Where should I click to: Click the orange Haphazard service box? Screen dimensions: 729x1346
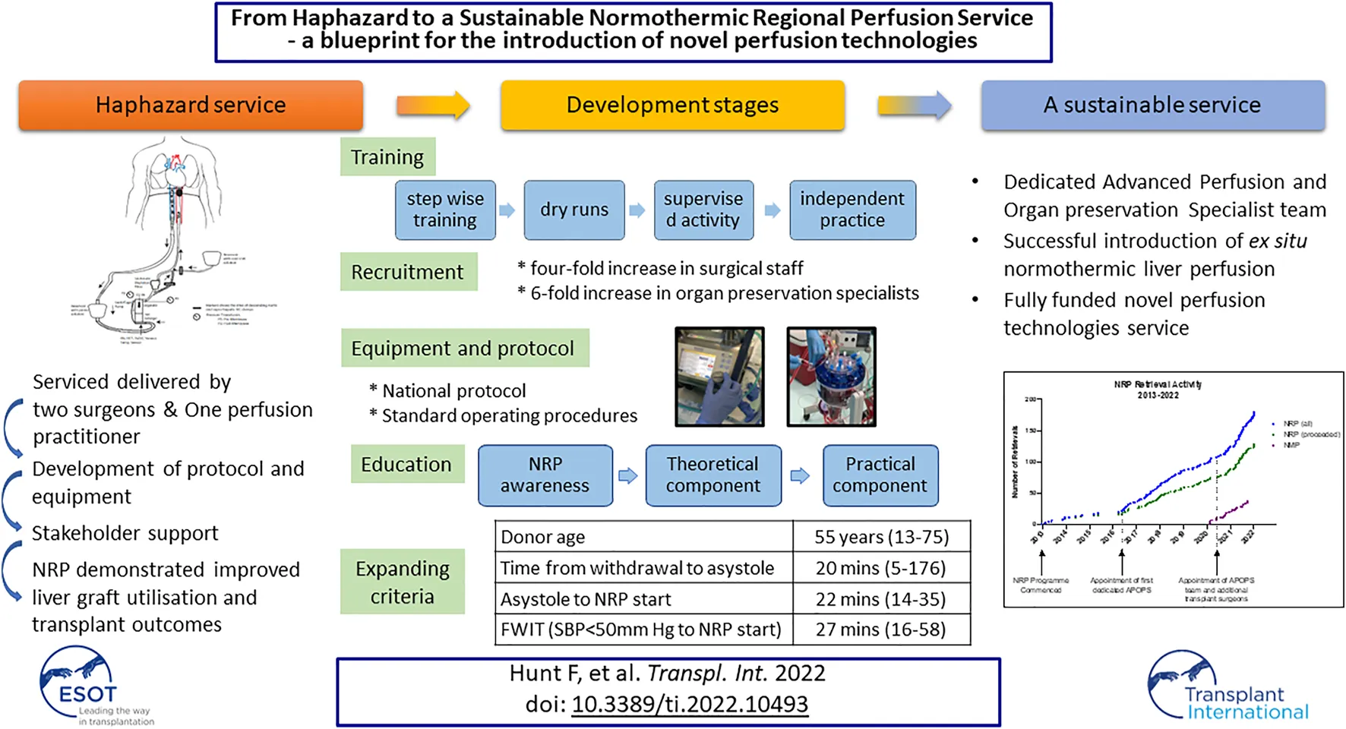click(x=191, y=105)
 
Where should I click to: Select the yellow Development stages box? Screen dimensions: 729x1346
click(x=672, y=105)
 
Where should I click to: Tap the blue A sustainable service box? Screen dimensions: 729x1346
click(x=1152, y=105)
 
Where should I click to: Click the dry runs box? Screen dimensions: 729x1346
click(x=574, y=210)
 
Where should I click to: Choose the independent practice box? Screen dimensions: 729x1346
click(x=852, y=210)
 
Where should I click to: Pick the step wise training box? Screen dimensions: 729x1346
click(x=445, y=210)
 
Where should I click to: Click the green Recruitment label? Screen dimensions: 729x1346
click(x=408, y=272)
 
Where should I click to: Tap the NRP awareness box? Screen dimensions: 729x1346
click(x=545, y=475)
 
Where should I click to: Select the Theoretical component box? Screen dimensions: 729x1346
click(x=713, y=475)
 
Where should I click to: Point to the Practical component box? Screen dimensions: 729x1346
click(x=880, y=475)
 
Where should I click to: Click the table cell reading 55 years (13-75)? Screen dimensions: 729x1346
click(x=882, y=537)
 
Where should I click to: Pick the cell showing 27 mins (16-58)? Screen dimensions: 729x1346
click(x=882, y=630)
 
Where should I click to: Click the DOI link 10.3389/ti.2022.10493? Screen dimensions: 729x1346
click(x=690, y=704)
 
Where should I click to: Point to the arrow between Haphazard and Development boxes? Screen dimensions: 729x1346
click(x=433, y=105)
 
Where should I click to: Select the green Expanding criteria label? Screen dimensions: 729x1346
click(x=403, y=582)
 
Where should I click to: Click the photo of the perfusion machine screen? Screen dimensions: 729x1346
click(x=719, y=377)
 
